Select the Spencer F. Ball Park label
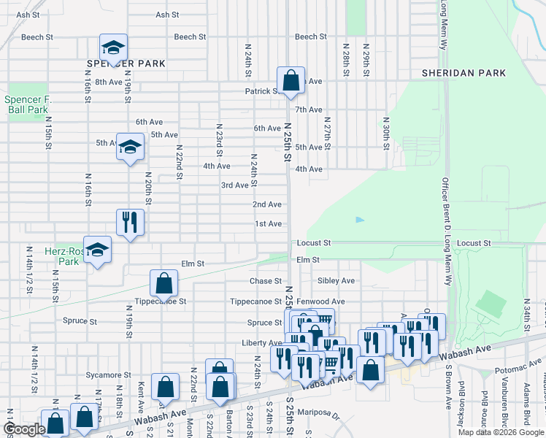point(26,104)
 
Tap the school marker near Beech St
point(113,48)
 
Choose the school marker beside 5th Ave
point(131,148)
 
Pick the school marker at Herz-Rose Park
point(97,250)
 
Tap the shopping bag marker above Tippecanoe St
point(164,283)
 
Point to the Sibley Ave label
point(336,281)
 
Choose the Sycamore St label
point(99,375)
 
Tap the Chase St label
point(265,281)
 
